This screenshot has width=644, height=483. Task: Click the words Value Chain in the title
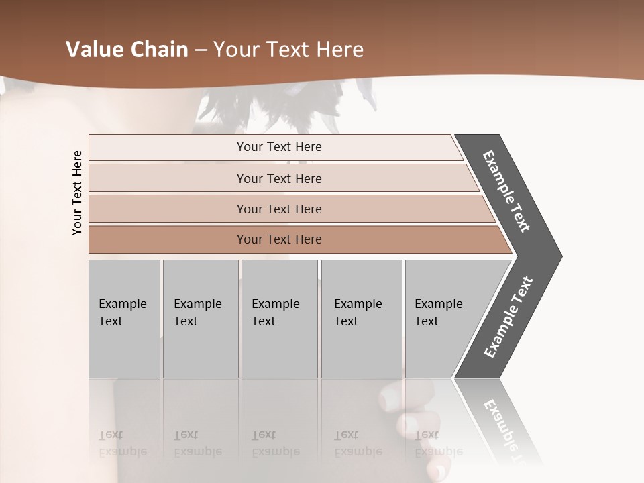127,50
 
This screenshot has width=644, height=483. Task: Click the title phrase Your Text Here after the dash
288,50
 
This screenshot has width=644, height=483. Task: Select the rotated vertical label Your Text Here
77,193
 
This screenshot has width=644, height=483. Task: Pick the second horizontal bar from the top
278,178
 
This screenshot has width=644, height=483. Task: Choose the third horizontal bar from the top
278,209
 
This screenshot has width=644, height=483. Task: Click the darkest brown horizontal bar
278,239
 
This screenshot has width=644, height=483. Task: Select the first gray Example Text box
124,319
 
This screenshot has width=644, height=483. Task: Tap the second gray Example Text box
200,319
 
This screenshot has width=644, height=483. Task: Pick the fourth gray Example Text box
361,319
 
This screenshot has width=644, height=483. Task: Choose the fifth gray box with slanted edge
443,319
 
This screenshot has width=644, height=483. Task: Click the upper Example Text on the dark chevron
507,191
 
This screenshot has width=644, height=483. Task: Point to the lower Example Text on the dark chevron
508,317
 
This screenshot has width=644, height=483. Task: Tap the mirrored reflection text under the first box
122,443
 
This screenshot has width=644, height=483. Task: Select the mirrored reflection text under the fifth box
438,443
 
